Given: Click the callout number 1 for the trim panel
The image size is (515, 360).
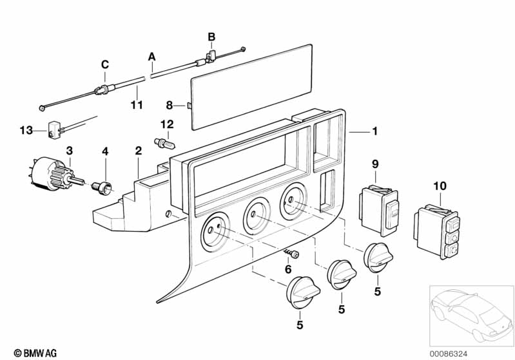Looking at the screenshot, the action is click(x=374, y=131).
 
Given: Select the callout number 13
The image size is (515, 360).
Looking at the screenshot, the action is click(x=26, y=130).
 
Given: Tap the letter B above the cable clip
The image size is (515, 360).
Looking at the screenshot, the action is click(x=211, y=37).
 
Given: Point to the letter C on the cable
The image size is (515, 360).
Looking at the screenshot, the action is click(x=105, y=64).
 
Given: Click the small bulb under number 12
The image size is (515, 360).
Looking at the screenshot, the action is click(x=165, y=144).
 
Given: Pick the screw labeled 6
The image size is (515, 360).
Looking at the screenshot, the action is click(x=292, y=253).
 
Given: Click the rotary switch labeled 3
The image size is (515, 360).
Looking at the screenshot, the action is click(x=56, y=173).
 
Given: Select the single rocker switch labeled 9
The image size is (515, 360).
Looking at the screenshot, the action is click(x=379, y=211).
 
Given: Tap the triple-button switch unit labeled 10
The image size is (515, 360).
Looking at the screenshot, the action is click(x=436, y=231).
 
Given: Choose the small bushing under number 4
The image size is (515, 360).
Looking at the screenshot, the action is click(x=102, y=188).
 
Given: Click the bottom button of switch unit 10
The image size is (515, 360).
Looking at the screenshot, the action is click(x=452, y=251).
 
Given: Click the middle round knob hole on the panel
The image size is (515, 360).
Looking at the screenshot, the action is click(x=257, y=216).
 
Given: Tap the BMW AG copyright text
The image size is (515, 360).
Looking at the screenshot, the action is click(x=35, y=353).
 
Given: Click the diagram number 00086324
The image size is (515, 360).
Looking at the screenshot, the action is click(x=449, y=354).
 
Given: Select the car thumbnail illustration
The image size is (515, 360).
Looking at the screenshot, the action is click(x=472, y=316).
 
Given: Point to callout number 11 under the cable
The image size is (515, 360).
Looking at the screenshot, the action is click(x=137, y=105).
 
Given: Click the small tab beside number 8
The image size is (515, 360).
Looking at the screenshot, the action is click(x=189, y=106).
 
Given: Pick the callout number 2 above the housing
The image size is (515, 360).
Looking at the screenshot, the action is click(x=139, y=151).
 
